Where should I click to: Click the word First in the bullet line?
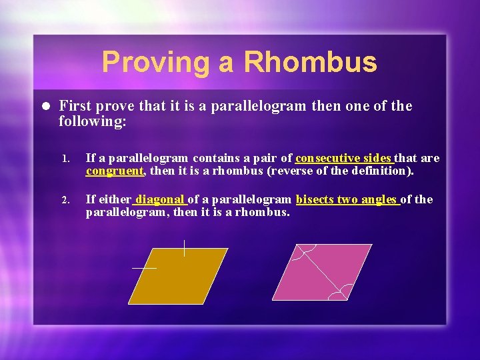point(76,106)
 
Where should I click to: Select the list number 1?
point(65,159)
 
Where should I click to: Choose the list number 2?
point(65,200)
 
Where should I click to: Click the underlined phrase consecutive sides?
point(344,158)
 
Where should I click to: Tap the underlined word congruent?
point(115,171)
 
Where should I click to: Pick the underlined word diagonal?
point(160,199)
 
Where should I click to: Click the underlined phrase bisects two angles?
point(347,199)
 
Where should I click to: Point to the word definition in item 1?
point(383,171)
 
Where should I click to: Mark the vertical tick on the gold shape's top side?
point(184,248)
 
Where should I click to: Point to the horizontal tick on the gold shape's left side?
point(144,267)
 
